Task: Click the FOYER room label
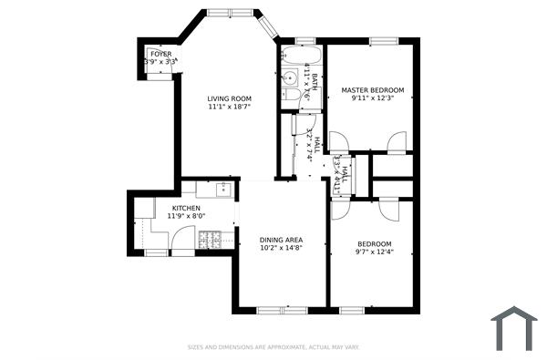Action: [160, 54]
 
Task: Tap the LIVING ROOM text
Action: [229, 98]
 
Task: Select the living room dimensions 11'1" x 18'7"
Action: [229, 107]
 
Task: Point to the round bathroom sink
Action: [286, 77]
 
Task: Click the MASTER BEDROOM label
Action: [373, 90]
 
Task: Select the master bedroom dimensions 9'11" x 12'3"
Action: [373, 98]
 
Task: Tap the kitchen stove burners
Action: [211, 240]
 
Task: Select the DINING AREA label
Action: [281, 240]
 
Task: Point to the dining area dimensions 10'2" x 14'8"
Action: [281, 248]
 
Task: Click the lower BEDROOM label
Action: [375, 243]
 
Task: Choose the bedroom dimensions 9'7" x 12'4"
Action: [375, 252]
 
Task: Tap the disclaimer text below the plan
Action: [273, 347]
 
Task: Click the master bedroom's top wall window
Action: [383, 39]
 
